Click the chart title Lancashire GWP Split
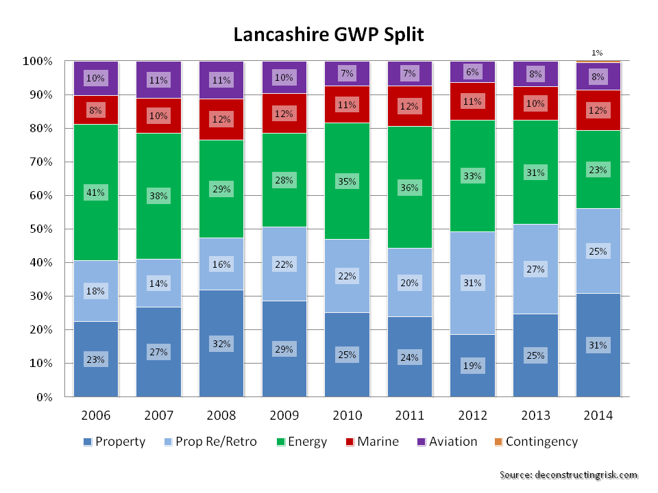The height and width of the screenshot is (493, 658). click(328, 35)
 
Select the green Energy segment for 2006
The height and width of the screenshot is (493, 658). click(96, 164)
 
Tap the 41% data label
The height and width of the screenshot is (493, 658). click(96, 193)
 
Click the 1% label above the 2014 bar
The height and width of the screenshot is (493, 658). click(598, 53)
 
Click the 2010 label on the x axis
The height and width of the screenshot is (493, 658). click(347, 416)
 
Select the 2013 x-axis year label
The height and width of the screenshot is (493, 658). click(535, 416)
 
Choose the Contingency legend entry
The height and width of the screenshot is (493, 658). click(541, 442)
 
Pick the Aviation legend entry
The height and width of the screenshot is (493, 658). click(453, 442)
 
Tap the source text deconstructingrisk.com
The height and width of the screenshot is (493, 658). click(568, 475)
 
